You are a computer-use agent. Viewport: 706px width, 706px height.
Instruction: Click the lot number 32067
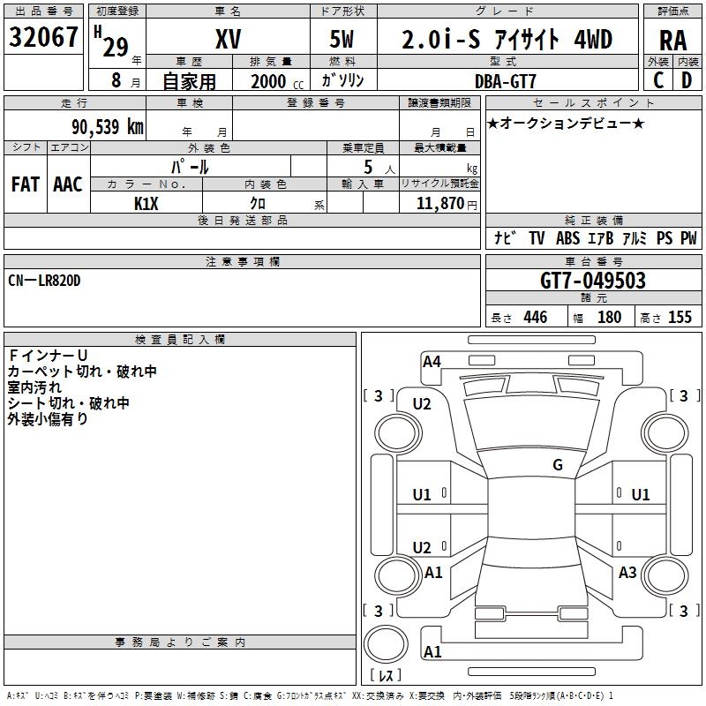coord(43,37)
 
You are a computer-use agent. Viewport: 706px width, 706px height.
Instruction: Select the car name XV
coord(229,39)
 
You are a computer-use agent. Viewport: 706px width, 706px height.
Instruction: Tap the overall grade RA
coord(673,41)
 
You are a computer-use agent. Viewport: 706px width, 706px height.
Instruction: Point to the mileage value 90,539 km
coord(107,127)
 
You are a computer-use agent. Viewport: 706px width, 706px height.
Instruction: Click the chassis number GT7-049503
coord(593,281)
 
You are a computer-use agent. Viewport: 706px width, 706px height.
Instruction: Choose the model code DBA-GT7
coord(505,81)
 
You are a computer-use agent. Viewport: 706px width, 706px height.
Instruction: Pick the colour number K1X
coord(146,204)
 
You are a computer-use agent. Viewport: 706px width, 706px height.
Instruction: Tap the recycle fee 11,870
coord(439,204)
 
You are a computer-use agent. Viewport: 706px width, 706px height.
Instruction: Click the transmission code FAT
coord(26,184)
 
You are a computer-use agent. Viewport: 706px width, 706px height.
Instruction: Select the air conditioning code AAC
coord(68,184)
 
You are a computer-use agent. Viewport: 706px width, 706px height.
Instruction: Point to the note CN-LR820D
coord(44,281)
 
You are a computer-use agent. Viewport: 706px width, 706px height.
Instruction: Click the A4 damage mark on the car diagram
coord(432,362)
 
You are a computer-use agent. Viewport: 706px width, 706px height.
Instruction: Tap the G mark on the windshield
coord(558,464)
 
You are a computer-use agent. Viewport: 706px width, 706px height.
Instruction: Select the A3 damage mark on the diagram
coord(627,572)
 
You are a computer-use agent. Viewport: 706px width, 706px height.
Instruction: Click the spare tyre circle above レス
coord(386,644)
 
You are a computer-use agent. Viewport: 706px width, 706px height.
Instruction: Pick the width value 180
coord(609,317)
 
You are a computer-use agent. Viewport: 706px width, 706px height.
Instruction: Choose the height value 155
coord(680,317)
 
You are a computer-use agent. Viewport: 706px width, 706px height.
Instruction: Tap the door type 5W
coord(342,39)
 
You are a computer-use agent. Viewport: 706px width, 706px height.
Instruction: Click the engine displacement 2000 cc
coord(277,81)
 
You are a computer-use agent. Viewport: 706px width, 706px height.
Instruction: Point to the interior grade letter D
coord(687,80)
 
